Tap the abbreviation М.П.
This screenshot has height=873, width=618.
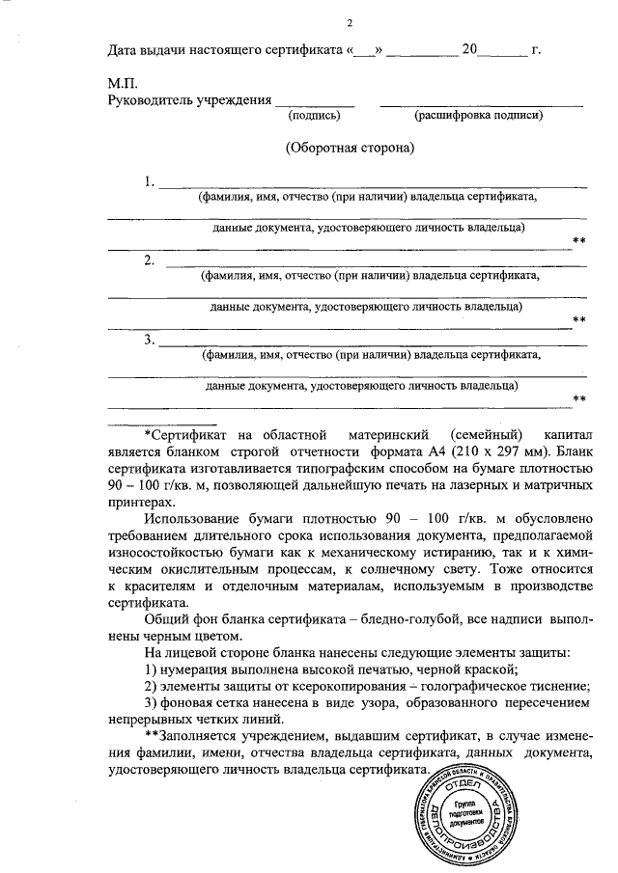(x=121, y=85)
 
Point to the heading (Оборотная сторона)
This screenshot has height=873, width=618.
(x=350, y=149)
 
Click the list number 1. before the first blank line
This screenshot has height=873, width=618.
(x=149, y=181)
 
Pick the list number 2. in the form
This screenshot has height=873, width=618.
(x=149, y=259)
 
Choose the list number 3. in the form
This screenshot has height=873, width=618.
(x=149, y=339)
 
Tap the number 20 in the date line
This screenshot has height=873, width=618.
(x=470, y=47)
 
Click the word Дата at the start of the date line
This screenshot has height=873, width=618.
(x=125, y=47)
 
